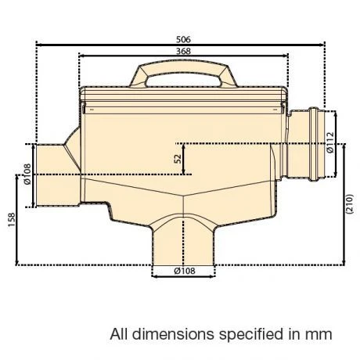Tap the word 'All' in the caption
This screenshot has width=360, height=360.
coord(120,334)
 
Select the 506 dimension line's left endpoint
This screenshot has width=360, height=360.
coord(37,44)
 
